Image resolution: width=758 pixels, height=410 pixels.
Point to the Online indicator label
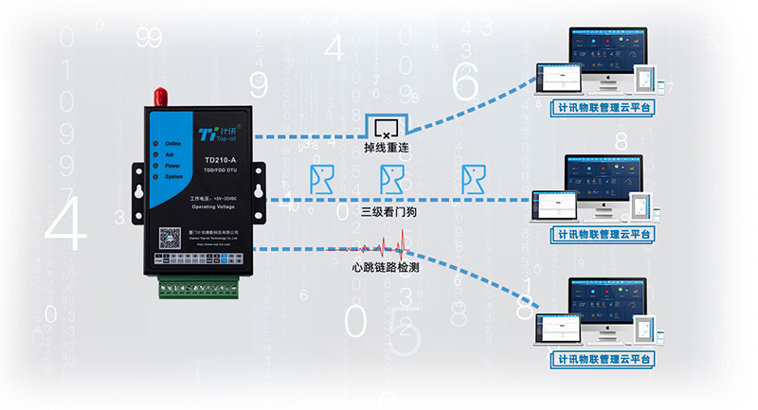172,142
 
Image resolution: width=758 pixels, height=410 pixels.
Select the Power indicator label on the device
172,166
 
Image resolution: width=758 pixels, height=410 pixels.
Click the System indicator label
173,177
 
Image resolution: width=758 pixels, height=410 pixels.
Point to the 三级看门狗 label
388,212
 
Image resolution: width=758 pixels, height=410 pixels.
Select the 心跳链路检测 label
385,269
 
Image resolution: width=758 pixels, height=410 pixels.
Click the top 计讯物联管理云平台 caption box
605,108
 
